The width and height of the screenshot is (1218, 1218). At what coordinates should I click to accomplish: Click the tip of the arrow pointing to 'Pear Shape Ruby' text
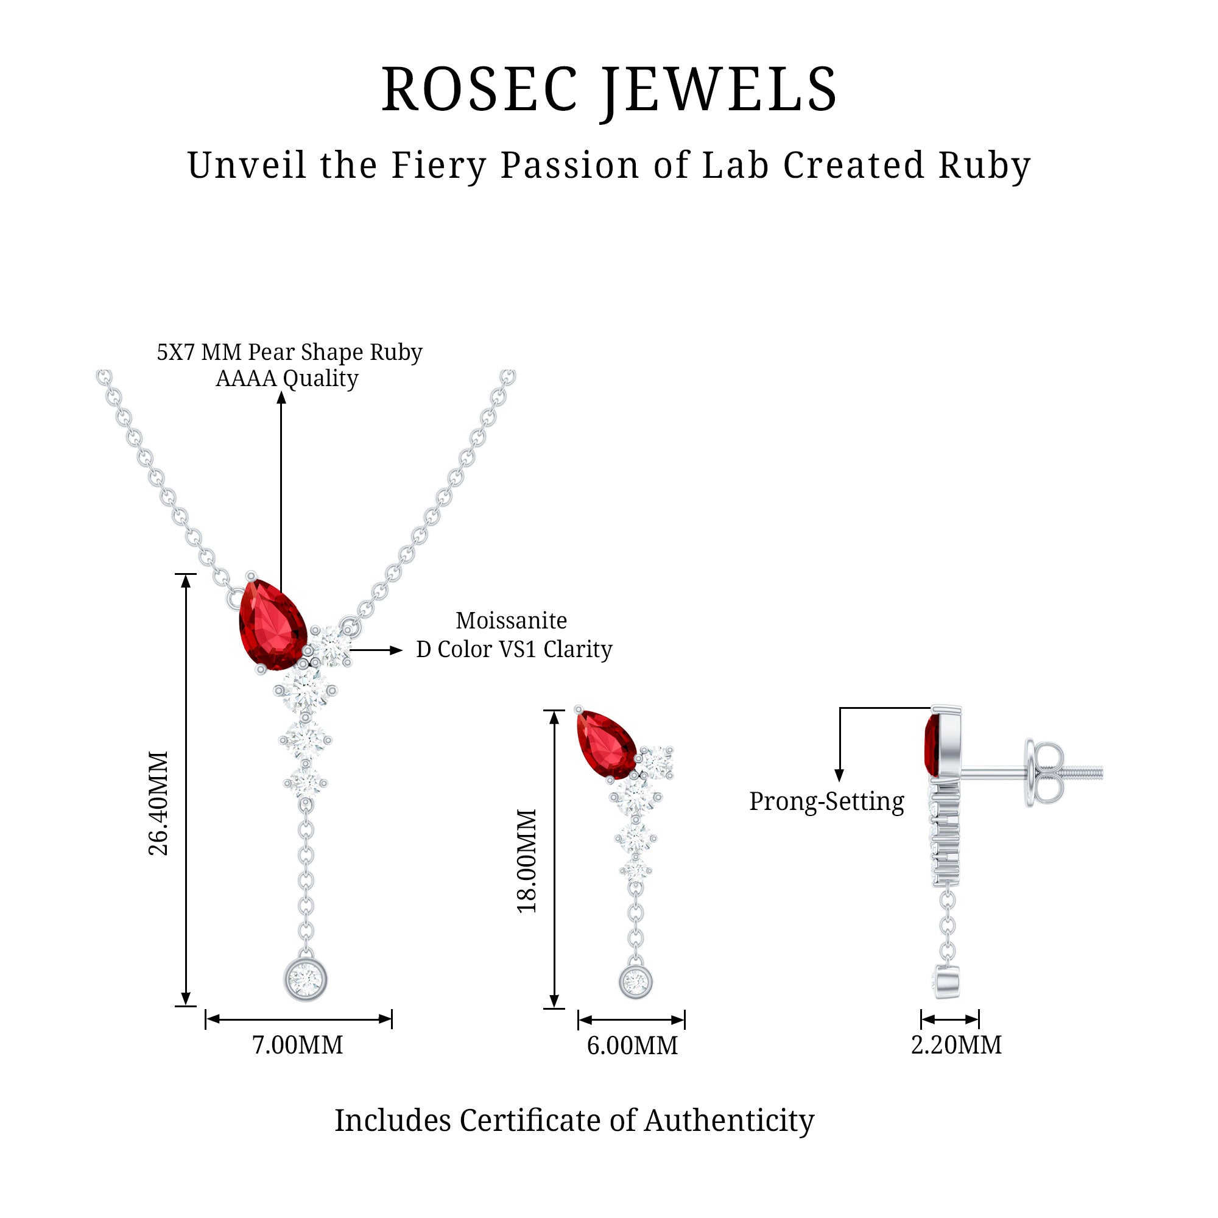pyautogui.click(x=281, y=393)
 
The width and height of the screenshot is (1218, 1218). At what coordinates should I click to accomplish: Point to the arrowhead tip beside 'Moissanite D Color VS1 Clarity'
pyautogui.click(x=402, y=650)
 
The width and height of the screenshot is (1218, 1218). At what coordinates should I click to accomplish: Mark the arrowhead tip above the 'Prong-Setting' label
pyautogui.click(x=839, y=782)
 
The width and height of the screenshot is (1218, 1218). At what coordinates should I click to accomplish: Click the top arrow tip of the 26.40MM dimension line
pyautogui.click(x=186, y=575)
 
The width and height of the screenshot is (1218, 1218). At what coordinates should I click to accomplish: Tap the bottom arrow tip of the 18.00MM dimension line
pyautogui.click(x=554, y=1007)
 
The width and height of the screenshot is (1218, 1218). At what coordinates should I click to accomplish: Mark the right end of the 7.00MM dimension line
pyautogui.click(x=392, y=1019)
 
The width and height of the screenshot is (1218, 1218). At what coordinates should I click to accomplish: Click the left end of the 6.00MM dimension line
pyautogui.click(x=579, y=1020)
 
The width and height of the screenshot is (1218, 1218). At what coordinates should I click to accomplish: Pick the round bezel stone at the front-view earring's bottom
pyautogui.click(x=635, y=982)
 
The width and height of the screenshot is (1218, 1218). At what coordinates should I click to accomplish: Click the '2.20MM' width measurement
pyautogui.click(x=956, y=1045)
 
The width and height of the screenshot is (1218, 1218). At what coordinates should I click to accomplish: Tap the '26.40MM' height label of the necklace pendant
pyautogui.click(x=158, y=803)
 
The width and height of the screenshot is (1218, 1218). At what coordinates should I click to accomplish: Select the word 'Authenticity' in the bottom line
pyautogui.click(x=729, y=1121)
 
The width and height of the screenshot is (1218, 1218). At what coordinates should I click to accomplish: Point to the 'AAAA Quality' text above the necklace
pyautogui.click(x=287, y=378)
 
